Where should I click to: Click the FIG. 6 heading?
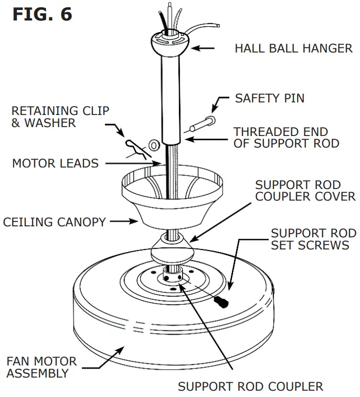(x=42, y=14)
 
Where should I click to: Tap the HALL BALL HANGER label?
(x=293, y=49)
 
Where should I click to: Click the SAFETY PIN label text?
(x=269, y=98)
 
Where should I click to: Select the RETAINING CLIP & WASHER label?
(x=60, y=117)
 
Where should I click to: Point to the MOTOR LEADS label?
(x=55, y=163)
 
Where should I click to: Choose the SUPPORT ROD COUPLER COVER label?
(x=305, y=191)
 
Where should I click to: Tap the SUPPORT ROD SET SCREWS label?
(x=313, y=239)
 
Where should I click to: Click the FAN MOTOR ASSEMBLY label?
(x=41, y=368)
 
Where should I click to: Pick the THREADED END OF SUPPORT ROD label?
(x=287, y=138)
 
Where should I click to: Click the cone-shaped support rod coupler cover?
(x=171, y=248)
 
